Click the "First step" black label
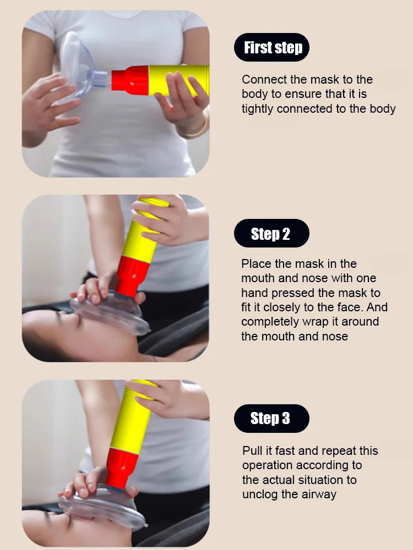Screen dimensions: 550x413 (273, 47)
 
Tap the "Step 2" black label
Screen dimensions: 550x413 (271, 234)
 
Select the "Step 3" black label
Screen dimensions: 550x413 (271, 419)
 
